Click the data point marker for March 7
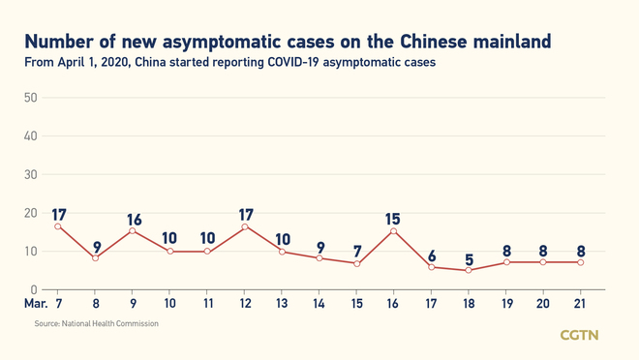57,226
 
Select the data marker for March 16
394,231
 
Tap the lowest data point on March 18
469,270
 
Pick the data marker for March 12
244,226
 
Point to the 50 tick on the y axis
30,99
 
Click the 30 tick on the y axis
30,175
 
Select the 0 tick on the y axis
33,290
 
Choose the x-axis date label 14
319,303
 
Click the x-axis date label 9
133,303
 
